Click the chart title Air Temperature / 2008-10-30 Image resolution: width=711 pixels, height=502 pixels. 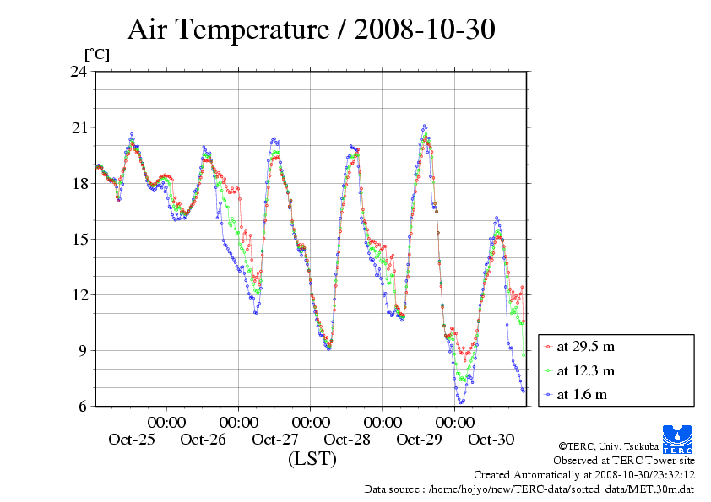click(311, 30)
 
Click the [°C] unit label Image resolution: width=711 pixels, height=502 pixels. click(95, 54)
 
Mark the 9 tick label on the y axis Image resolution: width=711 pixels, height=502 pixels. click(84, 350)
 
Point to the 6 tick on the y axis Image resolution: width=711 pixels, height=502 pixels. click(84, 406)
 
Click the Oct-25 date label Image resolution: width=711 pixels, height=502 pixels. click(132, 440)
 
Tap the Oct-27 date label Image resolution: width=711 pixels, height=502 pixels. click(275, 440)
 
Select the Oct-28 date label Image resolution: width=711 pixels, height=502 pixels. click(347, 440)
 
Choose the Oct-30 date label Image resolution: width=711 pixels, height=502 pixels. click(491, 440)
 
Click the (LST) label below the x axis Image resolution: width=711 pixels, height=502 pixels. click(312, 459)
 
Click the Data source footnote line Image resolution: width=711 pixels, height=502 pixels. click(529, 489)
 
